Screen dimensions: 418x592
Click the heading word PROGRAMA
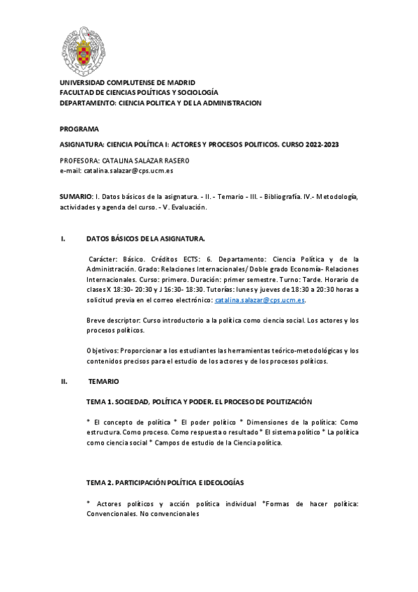[x=79, y=129]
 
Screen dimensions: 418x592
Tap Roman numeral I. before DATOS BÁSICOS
[x=62, y=239]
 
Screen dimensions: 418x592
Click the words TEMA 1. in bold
[x=100, y=402]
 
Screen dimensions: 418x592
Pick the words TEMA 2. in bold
[x=100, y=482]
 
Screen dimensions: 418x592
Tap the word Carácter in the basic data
[x=104, y=258]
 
